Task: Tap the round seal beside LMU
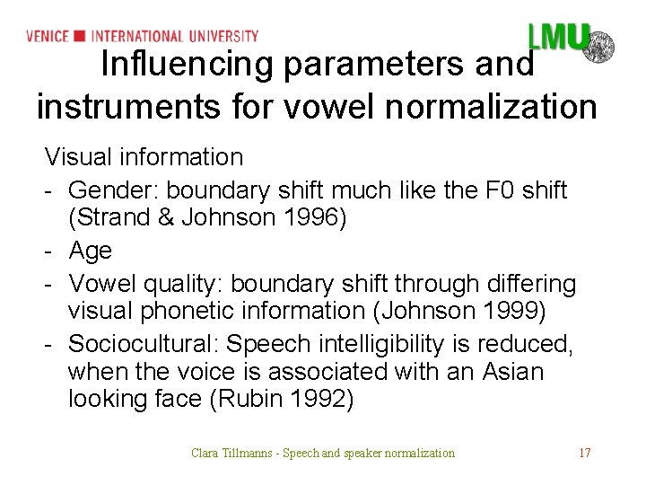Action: (x=598, y=44)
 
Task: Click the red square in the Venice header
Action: (x=80, y=36)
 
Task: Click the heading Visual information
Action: (x=144, y=157)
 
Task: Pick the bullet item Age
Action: (x=91, y=251)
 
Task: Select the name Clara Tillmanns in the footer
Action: (x=230, y=453)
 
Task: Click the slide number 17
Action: (x=584, y=453)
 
